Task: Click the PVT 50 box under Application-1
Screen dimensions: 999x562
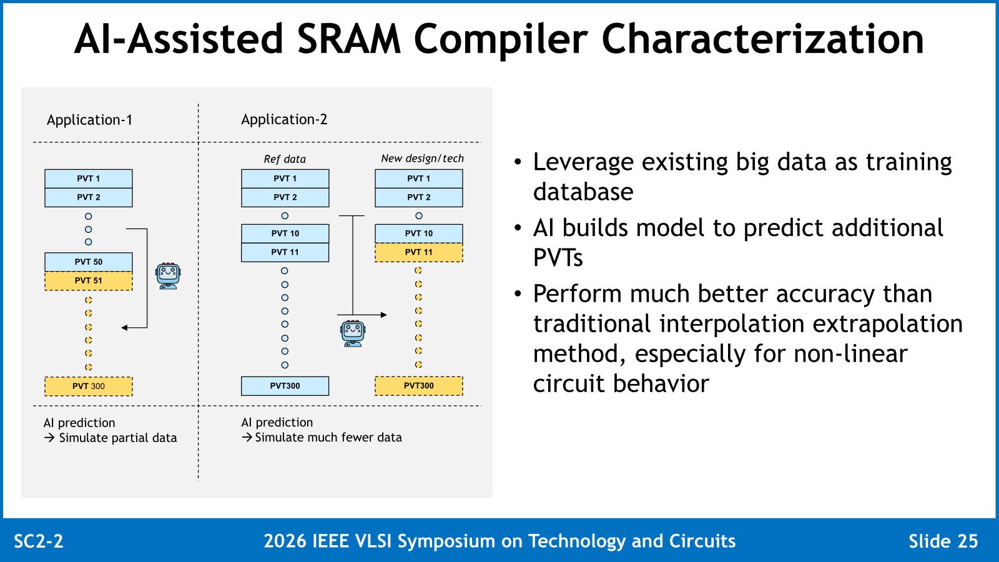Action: [x=88, y=262]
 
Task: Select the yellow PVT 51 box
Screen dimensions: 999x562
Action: [x=88, y=280]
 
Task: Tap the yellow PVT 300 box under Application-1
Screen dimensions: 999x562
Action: [x=88, y=387]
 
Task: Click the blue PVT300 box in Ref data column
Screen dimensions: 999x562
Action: [x=285, y=386]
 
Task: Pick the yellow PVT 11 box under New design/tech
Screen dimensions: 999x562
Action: [x=419, y=252]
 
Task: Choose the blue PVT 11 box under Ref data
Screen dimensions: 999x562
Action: [x=285, y=252]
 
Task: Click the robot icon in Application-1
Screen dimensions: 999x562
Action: [x=168, y=276]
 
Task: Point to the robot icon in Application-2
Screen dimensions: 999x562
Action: [x=353, y=333]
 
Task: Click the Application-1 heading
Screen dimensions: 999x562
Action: [x=90, y=120]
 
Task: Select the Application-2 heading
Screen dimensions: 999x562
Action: [x=284, y=119]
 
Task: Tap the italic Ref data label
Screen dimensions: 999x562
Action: [x=285, y=159]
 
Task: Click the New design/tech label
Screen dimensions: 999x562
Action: [x=422, y=159]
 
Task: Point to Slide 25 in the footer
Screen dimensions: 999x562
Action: [x=943, y=541]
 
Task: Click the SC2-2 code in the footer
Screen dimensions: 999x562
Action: [x=39, y=541]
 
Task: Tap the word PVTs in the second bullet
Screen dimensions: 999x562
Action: [x=558, y=258]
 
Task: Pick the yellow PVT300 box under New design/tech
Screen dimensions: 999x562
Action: [x=419, y=386]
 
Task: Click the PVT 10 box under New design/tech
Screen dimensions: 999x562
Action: [x=419, y=234]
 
